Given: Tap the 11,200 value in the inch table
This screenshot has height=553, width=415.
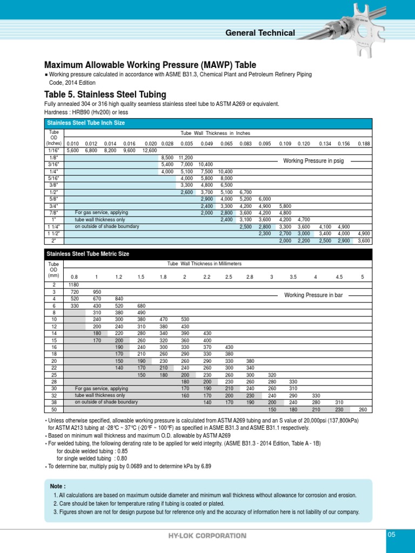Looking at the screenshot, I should pyautogui.click(x=186, y=157).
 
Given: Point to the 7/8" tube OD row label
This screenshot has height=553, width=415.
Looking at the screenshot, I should pyautogui.click(x=53, y=213).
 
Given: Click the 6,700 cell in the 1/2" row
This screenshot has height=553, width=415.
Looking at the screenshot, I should pyautogui.click(x=245, y=192).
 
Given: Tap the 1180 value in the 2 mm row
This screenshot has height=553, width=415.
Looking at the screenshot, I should pyautogui.click(x=74, y=284).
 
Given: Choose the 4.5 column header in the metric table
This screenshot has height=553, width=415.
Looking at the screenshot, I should pyautogui.click(x=339, y=276).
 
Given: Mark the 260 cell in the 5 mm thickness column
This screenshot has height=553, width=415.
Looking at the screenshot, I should pyautogui.click(x=362, y=408).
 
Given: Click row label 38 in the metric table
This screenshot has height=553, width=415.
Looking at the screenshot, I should pyautogui.click(x=54, y=402).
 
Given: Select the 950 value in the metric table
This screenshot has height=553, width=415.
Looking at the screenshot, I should pyautogui.click(x=97, y=291).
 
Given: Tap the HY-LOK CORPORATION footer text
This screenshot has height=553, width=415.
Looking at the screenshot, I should pyautogui.click(x=207, y=536).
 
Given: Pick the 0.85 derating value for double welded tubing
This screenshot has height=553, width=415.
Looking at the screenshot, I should pyautogui.click(x=122, y=451).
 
